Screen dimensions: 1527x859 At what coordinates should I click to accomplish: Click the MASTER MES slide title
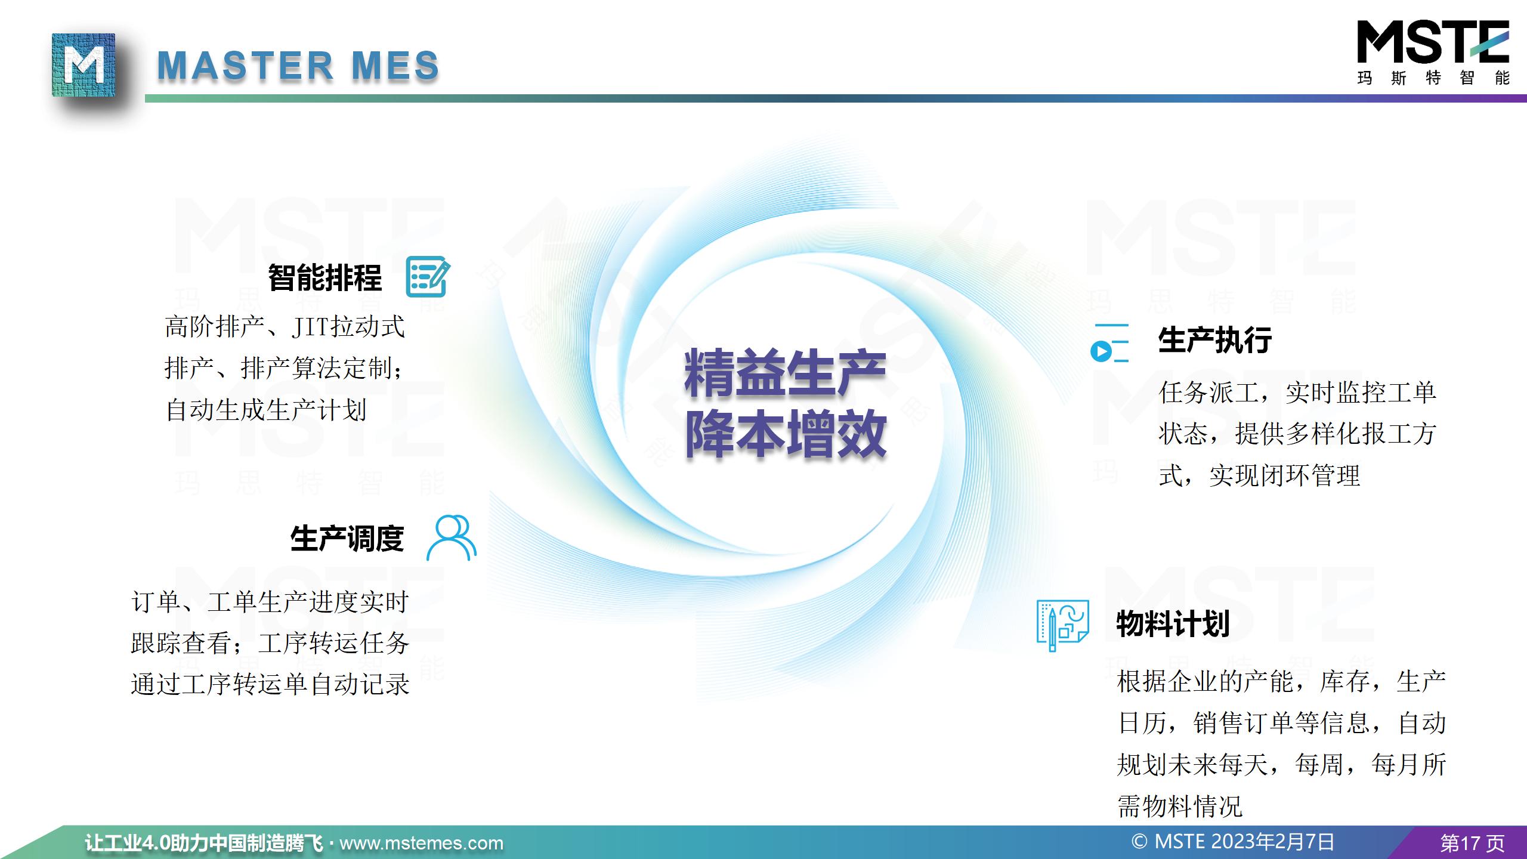click(298, 65)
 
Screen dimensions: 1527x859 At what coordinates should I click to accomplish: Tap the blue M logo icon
click(84, 64)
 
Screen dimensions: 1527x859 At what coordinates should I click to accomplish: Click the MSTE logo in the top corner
click(1433, 52)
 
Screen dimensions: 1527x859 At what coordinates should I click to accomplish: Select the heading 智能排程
click(325, 277)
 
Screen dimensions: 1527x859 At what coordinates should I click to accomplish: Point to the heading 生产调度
click(347, 539)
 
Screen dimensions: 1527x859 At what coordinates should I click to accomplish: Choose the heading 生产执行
click(1215, 340)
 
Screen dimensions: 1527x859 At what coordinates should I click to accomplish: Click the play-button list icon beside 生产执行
click(1109, 343)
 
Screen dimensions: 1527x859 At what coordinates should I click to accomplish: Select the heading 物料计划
click(1173, 624)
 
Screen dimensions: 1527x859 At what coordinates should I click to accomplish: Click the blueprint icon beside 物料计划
click(1063, 625)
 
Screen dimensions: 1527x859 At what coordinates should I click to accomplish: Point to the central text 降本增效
click(785, 434)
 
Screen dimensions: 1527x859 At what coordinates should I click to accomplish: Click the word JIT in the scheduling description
click(311, 327)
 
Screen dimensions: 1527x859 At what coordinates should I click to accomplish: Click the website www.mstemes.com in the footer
click(421, 843)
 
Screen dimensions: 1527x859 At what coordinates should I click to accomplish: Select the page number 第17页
click(1473, 843)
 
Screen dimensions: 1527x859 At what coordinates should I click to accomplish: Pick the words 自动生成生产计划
click(266, 410)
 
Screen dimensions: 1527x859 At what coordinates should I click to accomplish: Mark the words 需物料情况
click(1180, 807)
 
